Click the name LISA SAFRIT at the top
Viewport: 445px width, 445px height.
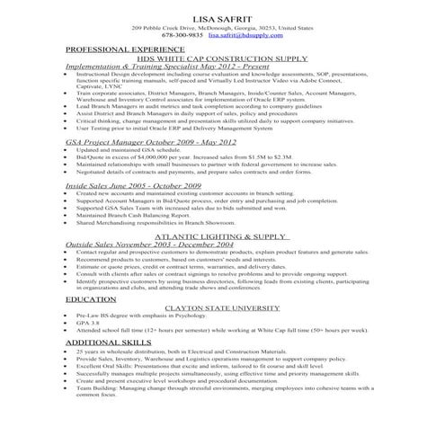point(222,18)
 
